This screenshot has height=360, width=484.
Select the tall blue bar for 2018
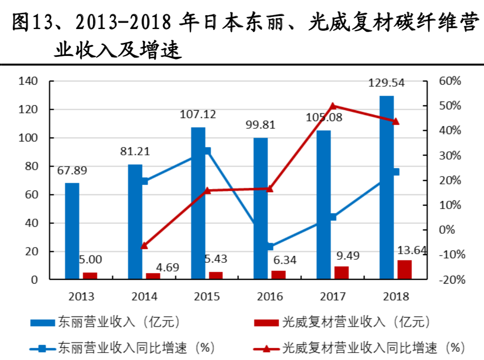(x=386, y=187)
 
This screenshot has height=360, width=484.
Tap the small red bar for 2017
(x=341, y=272)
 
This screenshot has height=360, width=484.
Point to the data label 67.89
(x=72, y=170)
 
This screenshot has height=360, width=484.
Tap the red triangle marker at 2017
(x=333, y=106)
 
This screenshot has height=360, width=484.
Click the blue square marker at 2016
(x=270, y=246)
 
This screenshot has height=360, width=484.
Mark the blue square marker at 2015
(x=207, y=151)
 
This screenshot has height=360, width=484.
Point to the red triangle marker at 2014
(x=144, y=245)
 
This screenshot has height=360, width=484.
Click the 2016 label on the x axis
(x=270, y=296)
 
